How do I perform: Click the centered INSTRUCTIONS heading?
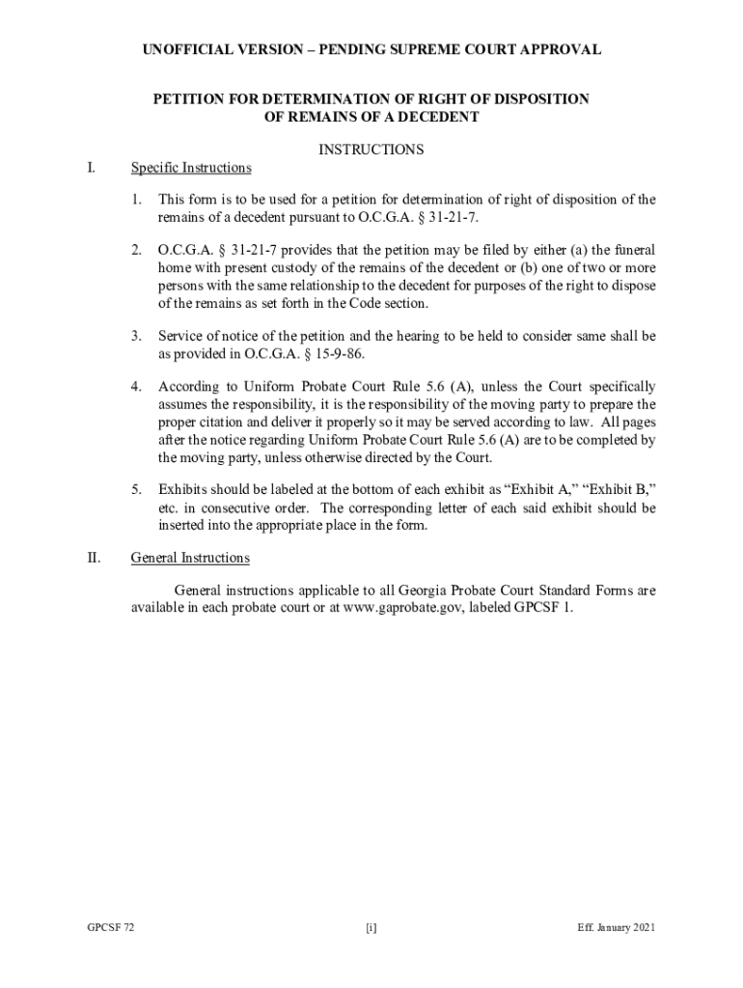click(x=371, y=150)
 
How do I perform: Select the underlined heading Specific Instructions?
click(x=191, y=168)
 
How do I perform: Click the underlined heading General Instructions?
click(x=190, y=558)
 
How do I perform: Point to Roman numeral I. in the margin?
click(x=91, y=168)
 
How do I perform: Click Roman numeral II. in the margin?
click(x=93, y=558)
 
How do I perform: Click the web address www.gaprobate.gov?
click(x=397, y=608)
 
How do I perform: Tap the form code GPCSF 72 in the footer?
click(x=110, y=928)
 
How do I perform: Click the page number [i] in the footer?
click(x=371, y=928)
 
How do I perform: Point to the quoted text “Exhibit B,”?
click(x=620, y=490)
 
